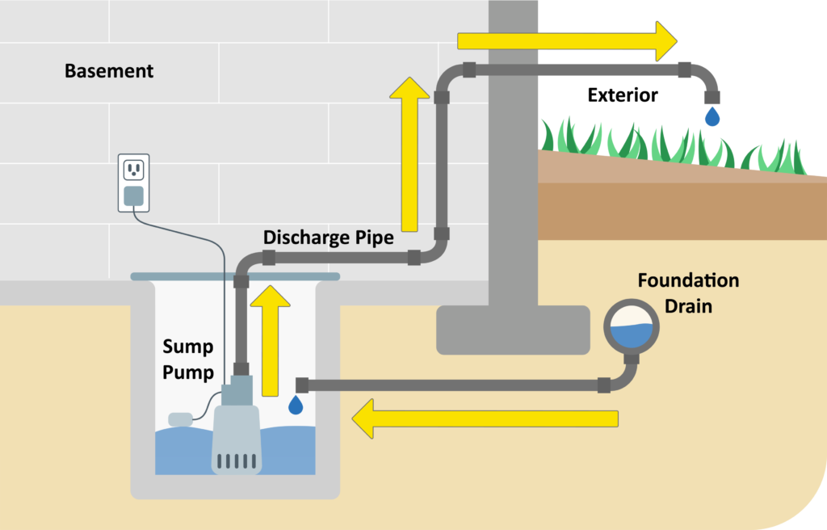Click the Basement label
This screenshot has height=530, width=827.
[109, 71]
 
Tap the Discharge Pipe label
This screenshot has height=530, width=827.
[329, 238]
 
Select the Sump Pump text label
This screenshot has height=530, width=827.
[188, 360]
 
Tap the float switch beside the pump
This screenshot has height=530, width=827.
[179, 419]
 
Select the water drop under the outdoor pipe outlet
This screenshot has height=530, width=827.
[712, 118]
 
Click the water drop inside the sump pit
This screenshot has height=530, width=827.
[296, 404]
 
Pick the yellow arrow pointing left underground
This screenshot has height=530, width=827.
[485, 419]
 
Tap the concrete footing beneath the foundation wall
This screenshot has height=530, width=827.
[513, 330]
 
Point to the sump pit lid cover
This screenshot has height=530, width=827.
[235, 276]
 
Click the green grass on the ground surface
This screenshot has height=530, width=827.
[670, 141]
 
